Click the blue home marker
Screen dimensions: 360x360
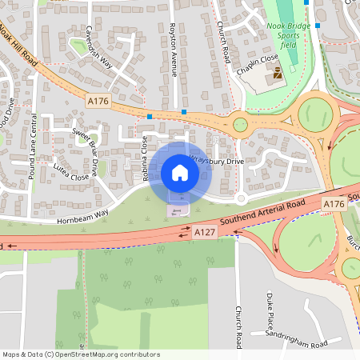(x=180, y=173)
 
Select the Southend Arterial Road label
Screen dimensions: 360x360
(x=265, y=214)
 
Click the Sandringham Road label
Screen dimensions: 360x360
(x=298, y=344)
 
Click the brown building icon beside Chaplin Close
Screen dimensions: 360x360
(x=278, y=74)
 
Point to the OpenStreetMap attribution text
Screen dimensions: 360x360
(x=81, y=354)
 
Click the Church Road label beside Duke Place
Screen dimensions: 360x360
(x=238, y=326)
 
